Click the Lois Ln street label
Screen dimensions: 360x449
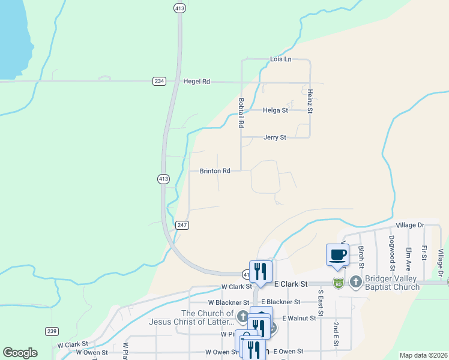tap(280, 59)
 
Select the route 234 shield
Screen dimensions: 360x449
tap(158, 81)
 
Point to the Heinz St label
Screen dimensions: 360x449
tap(310, 101)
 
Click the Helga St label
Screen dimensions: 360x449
tap(276, 110)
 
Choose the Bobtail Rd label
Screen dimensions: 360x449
tap(241, 113)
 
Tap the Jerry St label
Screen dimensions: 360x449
tap(275, 137)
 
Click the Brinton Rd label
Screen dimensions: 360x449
tap(215, 171)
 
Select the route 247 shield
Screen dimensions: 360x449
tap(182, 225)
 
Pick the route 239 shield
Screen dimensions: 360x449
tap(52, 331)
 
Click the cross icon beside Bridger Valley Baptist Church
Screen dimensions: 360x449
tap(355, 281)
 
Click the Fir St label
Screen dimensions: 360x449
tap(424, 253)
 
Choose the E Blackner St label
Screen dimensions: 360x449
tap(280, 302)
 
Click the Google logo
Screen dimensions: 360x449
tap(20, 353)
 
